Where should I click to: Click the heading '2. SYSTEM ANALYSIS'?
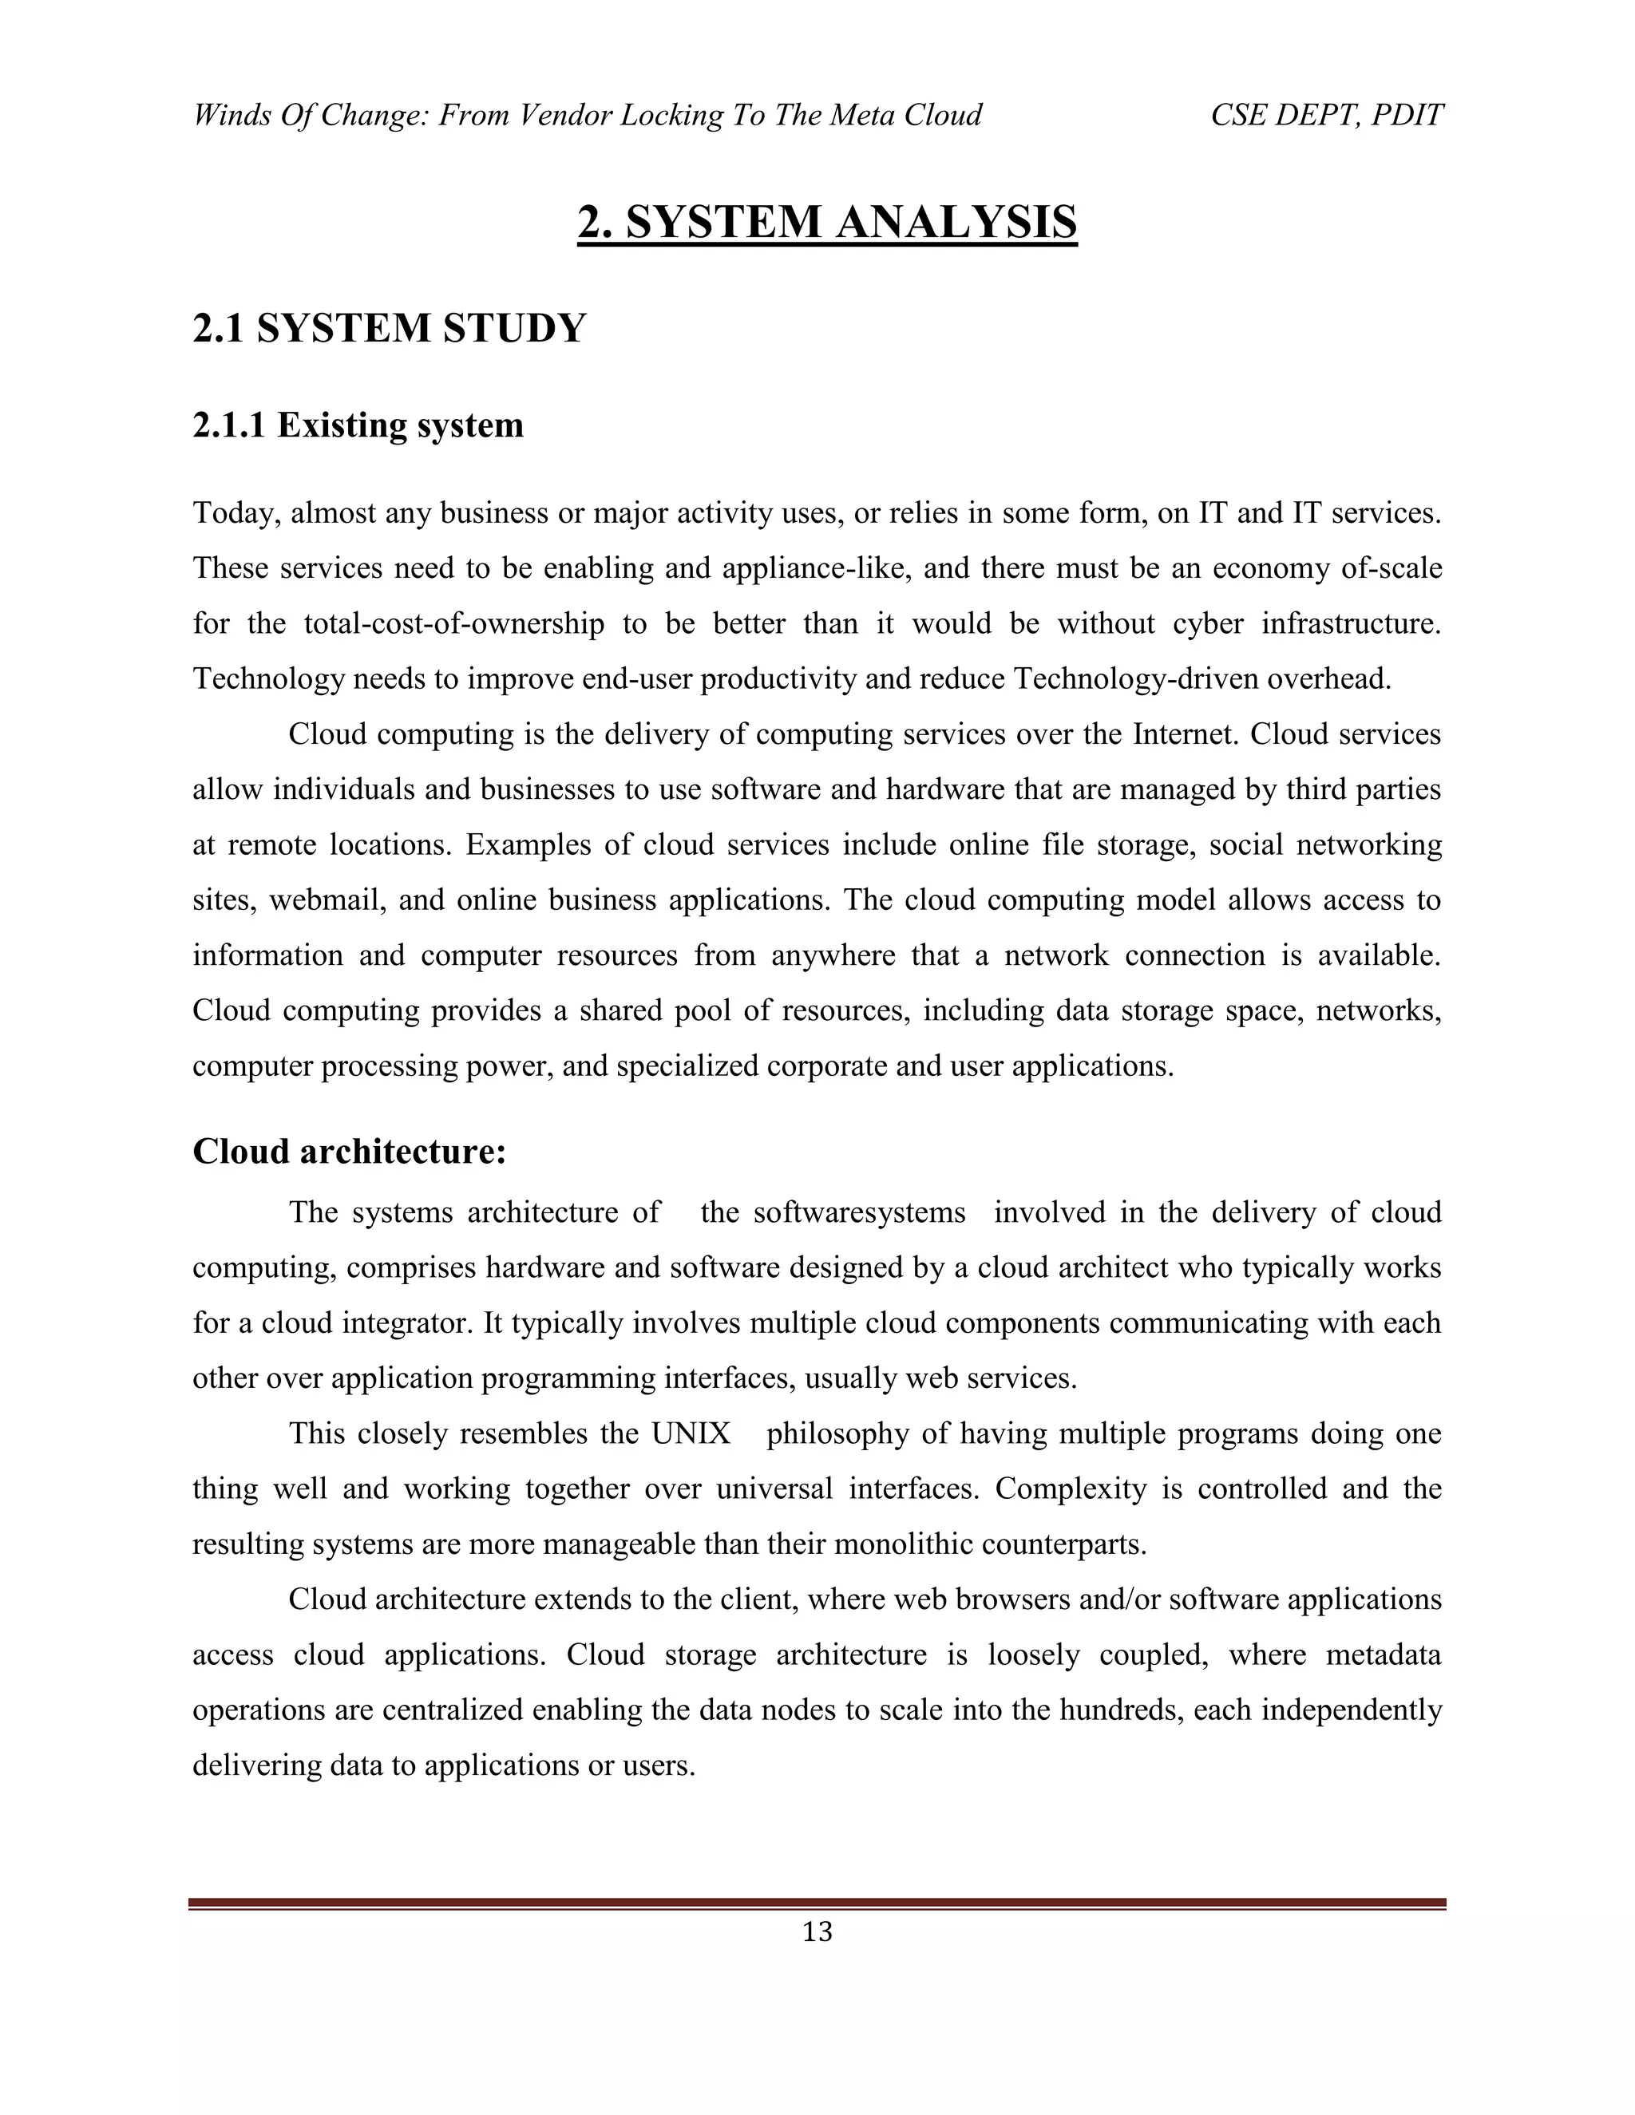point(827,223)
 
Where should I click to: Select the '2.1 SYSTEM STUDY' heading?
point(390,328)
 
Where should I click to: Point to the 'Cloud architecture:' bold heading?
point(350,1152)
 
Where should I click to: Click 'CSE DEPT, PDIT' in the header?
point(1327,115)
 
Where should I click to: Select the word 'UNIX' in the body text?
point(691,1433)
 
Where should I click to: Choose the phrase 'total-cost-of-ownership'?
point(454,623)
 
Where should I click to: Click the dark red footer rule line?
point(817,1903)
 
